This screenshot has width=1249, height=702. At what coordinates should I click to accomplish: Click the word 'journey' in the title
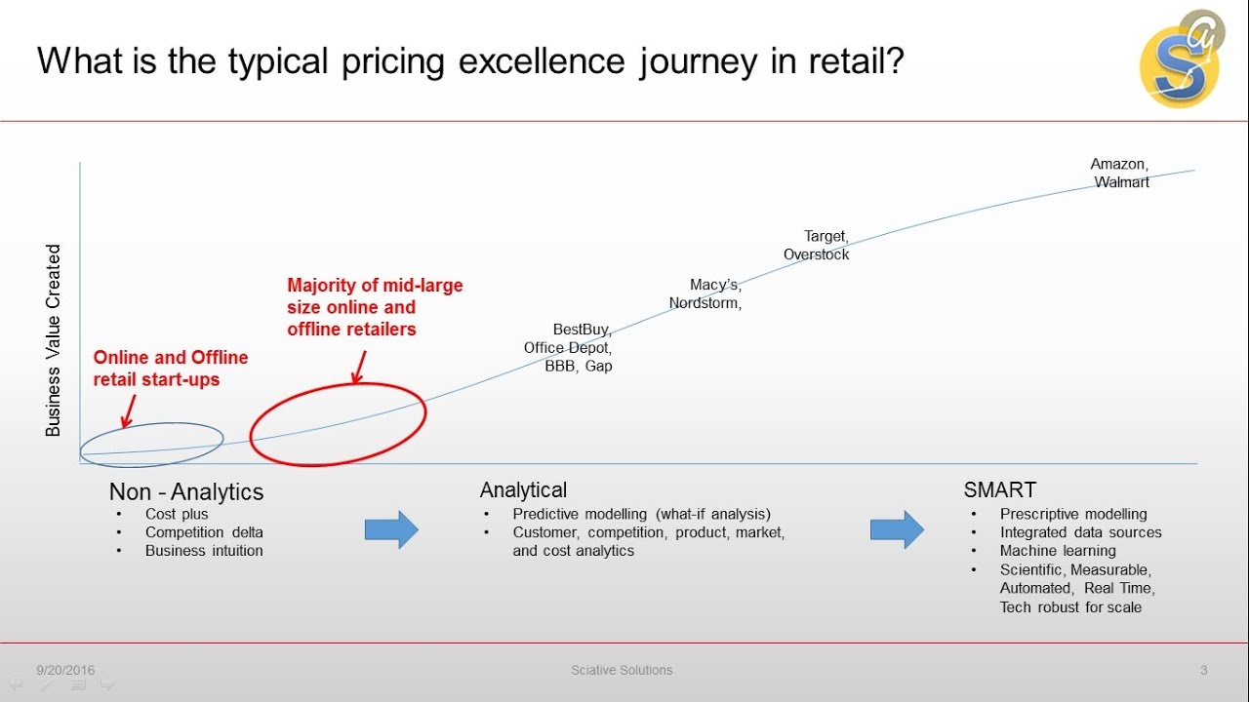coord(698,61)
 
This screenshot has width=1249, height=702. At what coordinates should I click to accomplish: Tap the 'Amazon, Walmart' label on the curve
coord(1120,174)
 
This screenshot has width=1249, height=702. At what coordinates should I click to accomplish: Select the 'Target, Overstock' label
coord(817,246)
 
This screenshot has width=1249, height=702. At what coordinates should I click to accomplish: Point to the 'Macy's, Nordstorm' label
coord(705,293)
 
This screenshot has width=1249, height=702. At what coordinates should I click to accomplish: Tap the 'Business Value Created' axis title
coord(54,339)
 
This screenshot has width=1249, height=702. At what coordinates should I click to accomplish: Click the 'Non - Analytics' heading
coord(186,492)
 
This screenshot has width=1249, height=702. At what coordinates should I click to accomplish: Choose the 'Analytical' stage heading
coord(523,490)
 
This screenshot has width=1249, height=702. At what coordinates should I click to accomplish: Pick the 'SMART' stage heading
coord(999,490)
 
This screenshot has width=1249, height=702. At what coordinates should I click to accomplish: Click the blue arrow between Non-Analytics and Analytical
coord(391,529)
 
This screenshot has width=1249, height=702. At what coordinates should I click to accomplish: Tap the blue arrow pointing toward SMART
coord(897,529)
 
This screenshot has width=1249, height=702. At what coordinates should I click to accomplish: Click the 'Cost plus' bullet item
coord(177,514)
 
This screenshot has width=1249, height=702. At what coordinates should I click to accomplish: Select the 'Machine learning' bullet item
coord(1058,551)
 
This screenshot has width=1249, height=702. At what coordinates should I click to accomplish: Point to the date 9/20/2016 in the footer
coord(65,670)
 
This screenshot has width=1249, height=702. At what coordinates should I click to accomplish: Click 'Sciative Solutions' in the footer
coord(622,670)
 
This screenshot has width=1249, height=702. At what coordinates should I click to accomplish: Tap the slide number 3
coord(1203,670)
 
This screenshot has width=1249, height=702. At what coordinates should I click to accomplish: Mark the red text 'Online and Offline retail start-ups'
coord(171,369)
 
